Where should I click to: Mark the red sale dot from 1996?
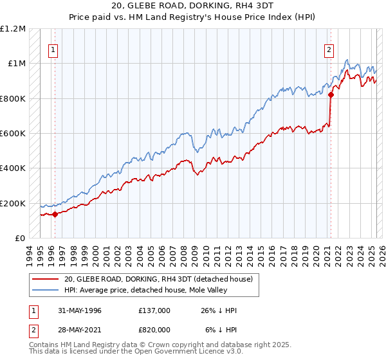pos(55,215)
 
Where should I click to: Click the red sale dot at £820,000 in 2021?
pos(331,95)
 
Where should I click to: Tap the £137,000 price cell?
pos(154,310)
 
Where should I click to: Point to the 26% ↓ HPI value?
pos(219,310)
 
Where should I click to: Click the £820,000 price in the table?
pos(154,330)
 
